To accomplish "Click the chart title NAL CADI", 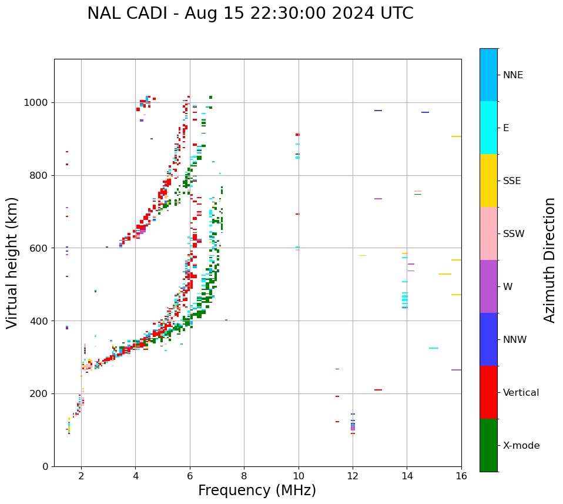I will point(250,14).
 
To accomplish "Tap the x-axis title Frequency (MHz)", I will point(257,490).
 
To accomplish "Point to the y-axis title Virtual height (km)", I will point(12,262).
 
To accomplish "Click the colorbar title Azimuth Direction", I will point(549,259).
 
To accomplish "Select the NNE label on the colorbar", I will point(512,75).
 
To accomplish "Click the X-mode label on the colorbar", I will point(521,446).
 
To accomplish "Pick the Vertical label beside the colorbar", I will point(521,393).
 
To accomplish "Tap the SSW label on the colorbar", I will point(514,234).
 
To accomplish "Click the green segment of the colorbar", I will point(488,445).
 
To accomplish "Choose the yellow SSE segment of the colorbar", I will point(488,181).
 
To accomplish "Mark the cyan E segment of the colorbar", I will point(488,128).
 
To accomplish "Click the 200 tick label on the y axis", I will point(41,393).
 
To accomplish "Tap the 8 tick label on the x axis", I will point(244,475).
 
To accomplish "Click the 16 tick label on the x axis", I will point(461,475).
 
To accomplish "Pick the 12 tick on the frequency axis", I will point(353,475).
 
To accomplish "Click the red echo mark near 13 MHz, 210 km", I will point(378,390).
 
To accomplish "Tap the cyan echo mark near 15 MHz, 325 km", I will point(433,348).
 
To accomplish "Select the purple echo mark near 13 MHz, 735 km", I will point(378,199).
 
